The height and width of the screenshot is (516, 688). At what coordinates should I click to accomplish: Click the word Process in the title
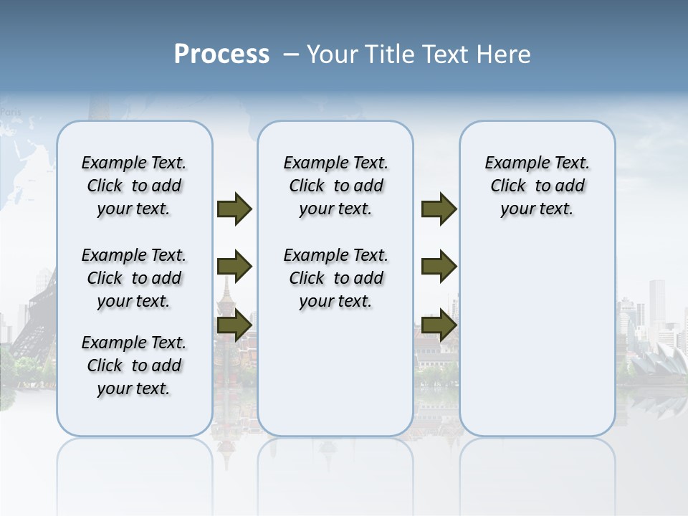[x=221, y=54]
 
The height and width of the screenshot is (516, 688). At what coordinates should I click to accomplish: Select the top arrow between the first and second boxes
[x=234, y=209]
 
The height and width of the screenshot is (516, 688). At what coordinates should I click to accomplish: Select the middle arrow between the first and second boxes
[x=234, y=267]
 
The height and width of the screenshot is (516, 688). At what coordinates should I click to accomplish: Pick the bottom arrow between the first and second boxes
[x=234, y=325]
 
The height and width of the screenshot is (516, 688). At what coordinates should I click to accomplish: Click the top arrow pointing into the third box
[x=439, y=209]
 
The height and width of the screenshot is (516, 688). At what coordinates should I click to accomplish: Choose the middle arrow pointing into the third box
[x=439, y=267]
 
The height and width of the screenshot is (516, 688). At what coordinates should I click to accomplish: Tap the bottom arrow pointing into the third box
[x=439, y=325]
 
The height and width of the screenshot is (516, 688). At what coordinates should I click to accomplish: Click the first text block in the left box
[x=134, y=186]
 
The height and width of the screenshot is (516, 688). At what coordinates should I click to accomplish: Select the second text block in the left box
[x=134, y=278]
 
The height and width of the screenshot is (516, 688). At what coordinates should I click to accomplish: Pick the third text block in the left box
[x=134, y=365]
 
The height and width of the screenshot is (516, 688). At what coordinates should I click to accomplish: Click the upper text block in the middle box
[x=335, y=186]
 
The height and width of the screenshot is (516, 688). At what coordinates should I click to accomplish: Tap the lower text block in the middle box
[x=335, y=278]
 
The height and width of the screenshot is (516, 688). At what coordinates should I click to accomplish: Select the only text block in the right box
[x=537, y=186]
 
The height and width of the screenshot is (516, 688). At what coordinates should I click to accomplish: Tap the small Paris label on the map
[x=11, y=112]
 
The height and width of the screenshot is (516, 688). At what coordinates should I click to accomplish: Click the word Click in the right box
[x=508, y=186]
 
